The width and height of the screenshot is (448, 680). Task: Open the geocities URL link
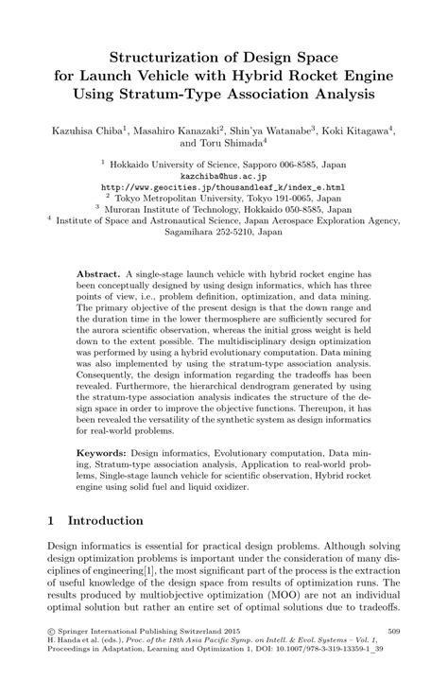(x=223, y=187)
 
